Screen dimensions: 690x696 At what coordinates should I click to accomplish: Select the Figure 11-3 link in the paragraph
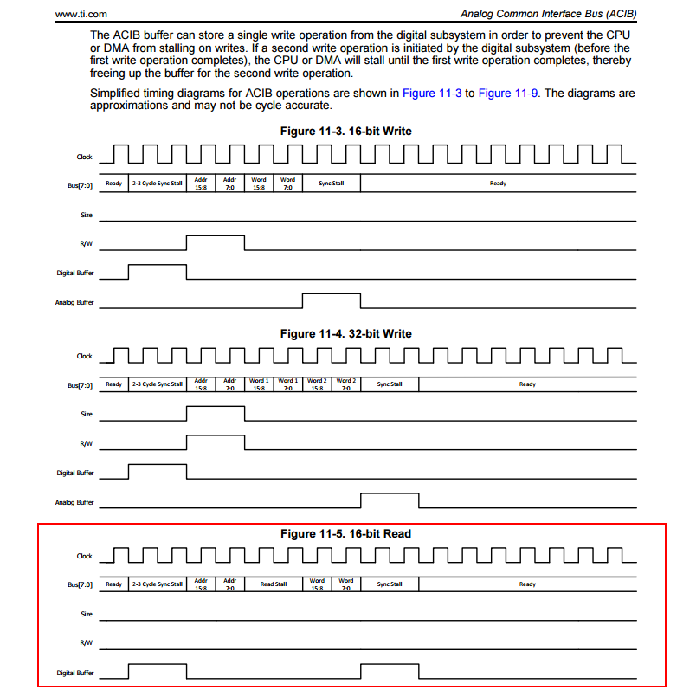(432, 93)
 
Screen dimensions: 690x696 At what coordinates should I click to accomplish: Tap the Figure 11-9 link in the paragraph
(508, 93)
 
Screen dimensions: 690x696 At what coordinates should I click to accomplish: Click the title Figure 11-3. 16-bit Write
(346, 131)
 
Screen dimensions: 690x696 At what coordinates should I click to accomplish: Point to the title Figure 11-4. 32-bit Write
(346, 333)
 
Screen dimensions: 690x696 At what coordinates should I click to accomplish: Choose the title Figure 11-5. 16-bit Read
(346, 534)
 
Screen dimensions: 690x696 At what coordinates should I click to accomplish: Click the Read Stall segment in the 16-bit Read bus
(274, 584)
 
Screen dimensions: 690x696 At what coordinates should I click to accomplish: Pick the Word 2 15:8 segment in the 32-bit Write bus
(317, 384)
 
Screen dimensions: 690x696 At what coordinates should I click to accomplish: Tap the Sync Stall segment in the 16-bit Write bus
(332, 183)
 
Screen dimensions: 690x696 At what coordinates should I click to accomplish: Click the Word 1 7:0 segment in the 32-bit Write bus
(288, 384)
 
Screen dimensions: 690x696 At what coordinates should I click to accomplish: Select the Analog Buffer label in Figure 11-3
(74, 303)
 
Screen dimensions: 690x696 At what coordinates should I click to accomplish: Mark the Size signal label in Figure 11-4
(86, 414)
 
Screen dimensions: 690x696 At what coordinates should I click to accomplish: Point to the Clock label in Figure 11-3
(84, 157)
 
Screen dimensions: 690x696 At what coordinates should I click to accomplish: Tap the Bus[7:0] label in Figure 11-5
(80, 584)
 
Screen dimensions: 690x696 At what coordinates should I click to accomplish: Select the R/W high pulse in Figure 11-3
(216, 242)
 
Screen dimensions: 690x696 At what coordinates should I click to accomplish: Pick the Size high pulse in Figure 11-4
(216, 413)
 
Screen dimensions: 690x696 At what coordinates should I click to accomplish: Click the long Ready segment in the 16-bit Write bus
(498, 183)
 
